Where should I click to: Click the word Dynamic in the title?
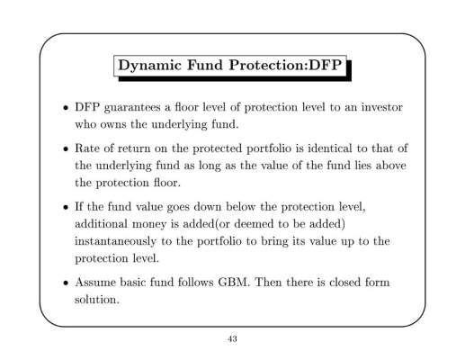[149, 66]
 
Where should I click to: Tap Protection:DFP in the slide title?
[285, 65]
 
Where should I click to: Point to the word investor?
[381, 107]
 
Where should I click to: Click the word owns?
[113, 125]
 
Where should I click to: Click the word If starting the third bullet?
[78, 206]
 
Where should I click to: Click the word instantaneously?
[115, 241]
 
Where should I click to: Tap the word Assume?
[95, 283]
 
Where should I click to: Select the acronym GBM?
[234, 283]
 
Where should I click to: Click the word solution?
[97, 300]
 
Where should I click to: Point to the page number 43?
[232, 339]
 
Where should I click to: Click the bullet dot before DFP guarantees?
[65, 108]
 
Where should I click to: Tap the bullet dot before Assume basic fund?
[65, 283]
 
